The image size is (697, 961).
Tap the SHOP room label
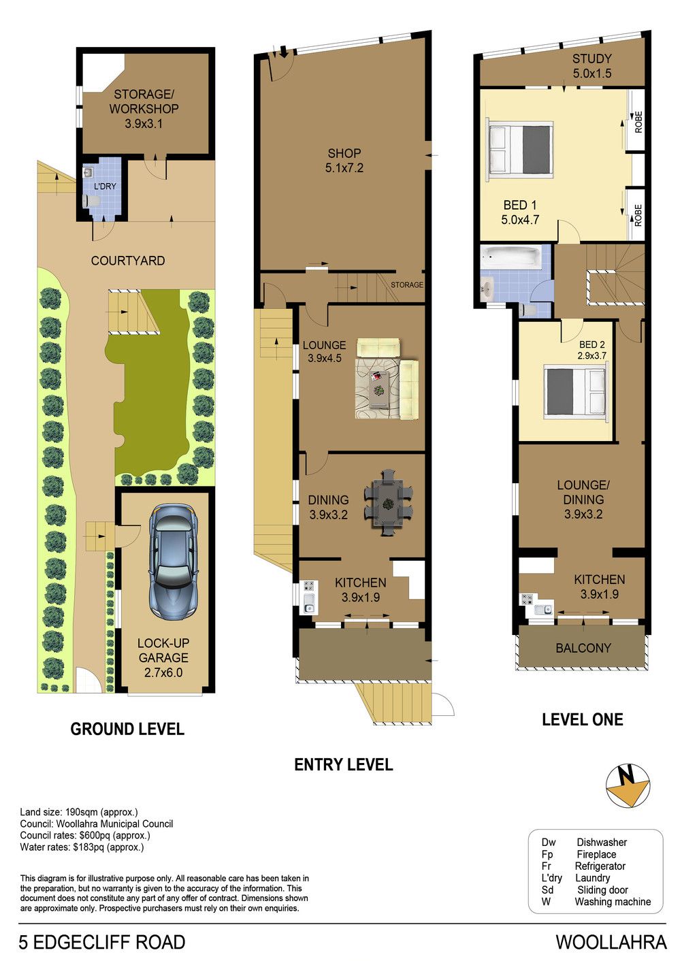click(344, 153)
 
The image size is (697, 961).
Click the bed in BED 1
click(520, 149)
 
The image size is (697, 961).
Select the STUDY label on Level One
click(592, 59)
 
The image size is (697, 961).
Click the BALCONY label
click(583, 648)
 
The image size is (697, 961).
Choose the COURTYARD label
click(128, 261)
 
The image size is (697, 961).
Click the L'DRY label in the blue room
click(105, 186)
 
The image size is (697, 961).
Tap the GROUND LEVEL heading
click(127, 729)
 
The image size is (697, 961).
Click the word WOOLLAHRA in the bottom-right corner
click(612, 942)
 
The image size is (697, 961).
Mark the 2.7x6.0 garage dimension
click(163, 672)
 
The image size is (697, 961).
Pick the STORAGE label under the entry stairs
click(407, 284)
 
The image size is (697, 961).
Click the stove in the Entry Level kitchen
click(310, 587)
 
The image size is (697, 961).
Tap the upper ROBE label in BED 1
click(638, 122)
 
